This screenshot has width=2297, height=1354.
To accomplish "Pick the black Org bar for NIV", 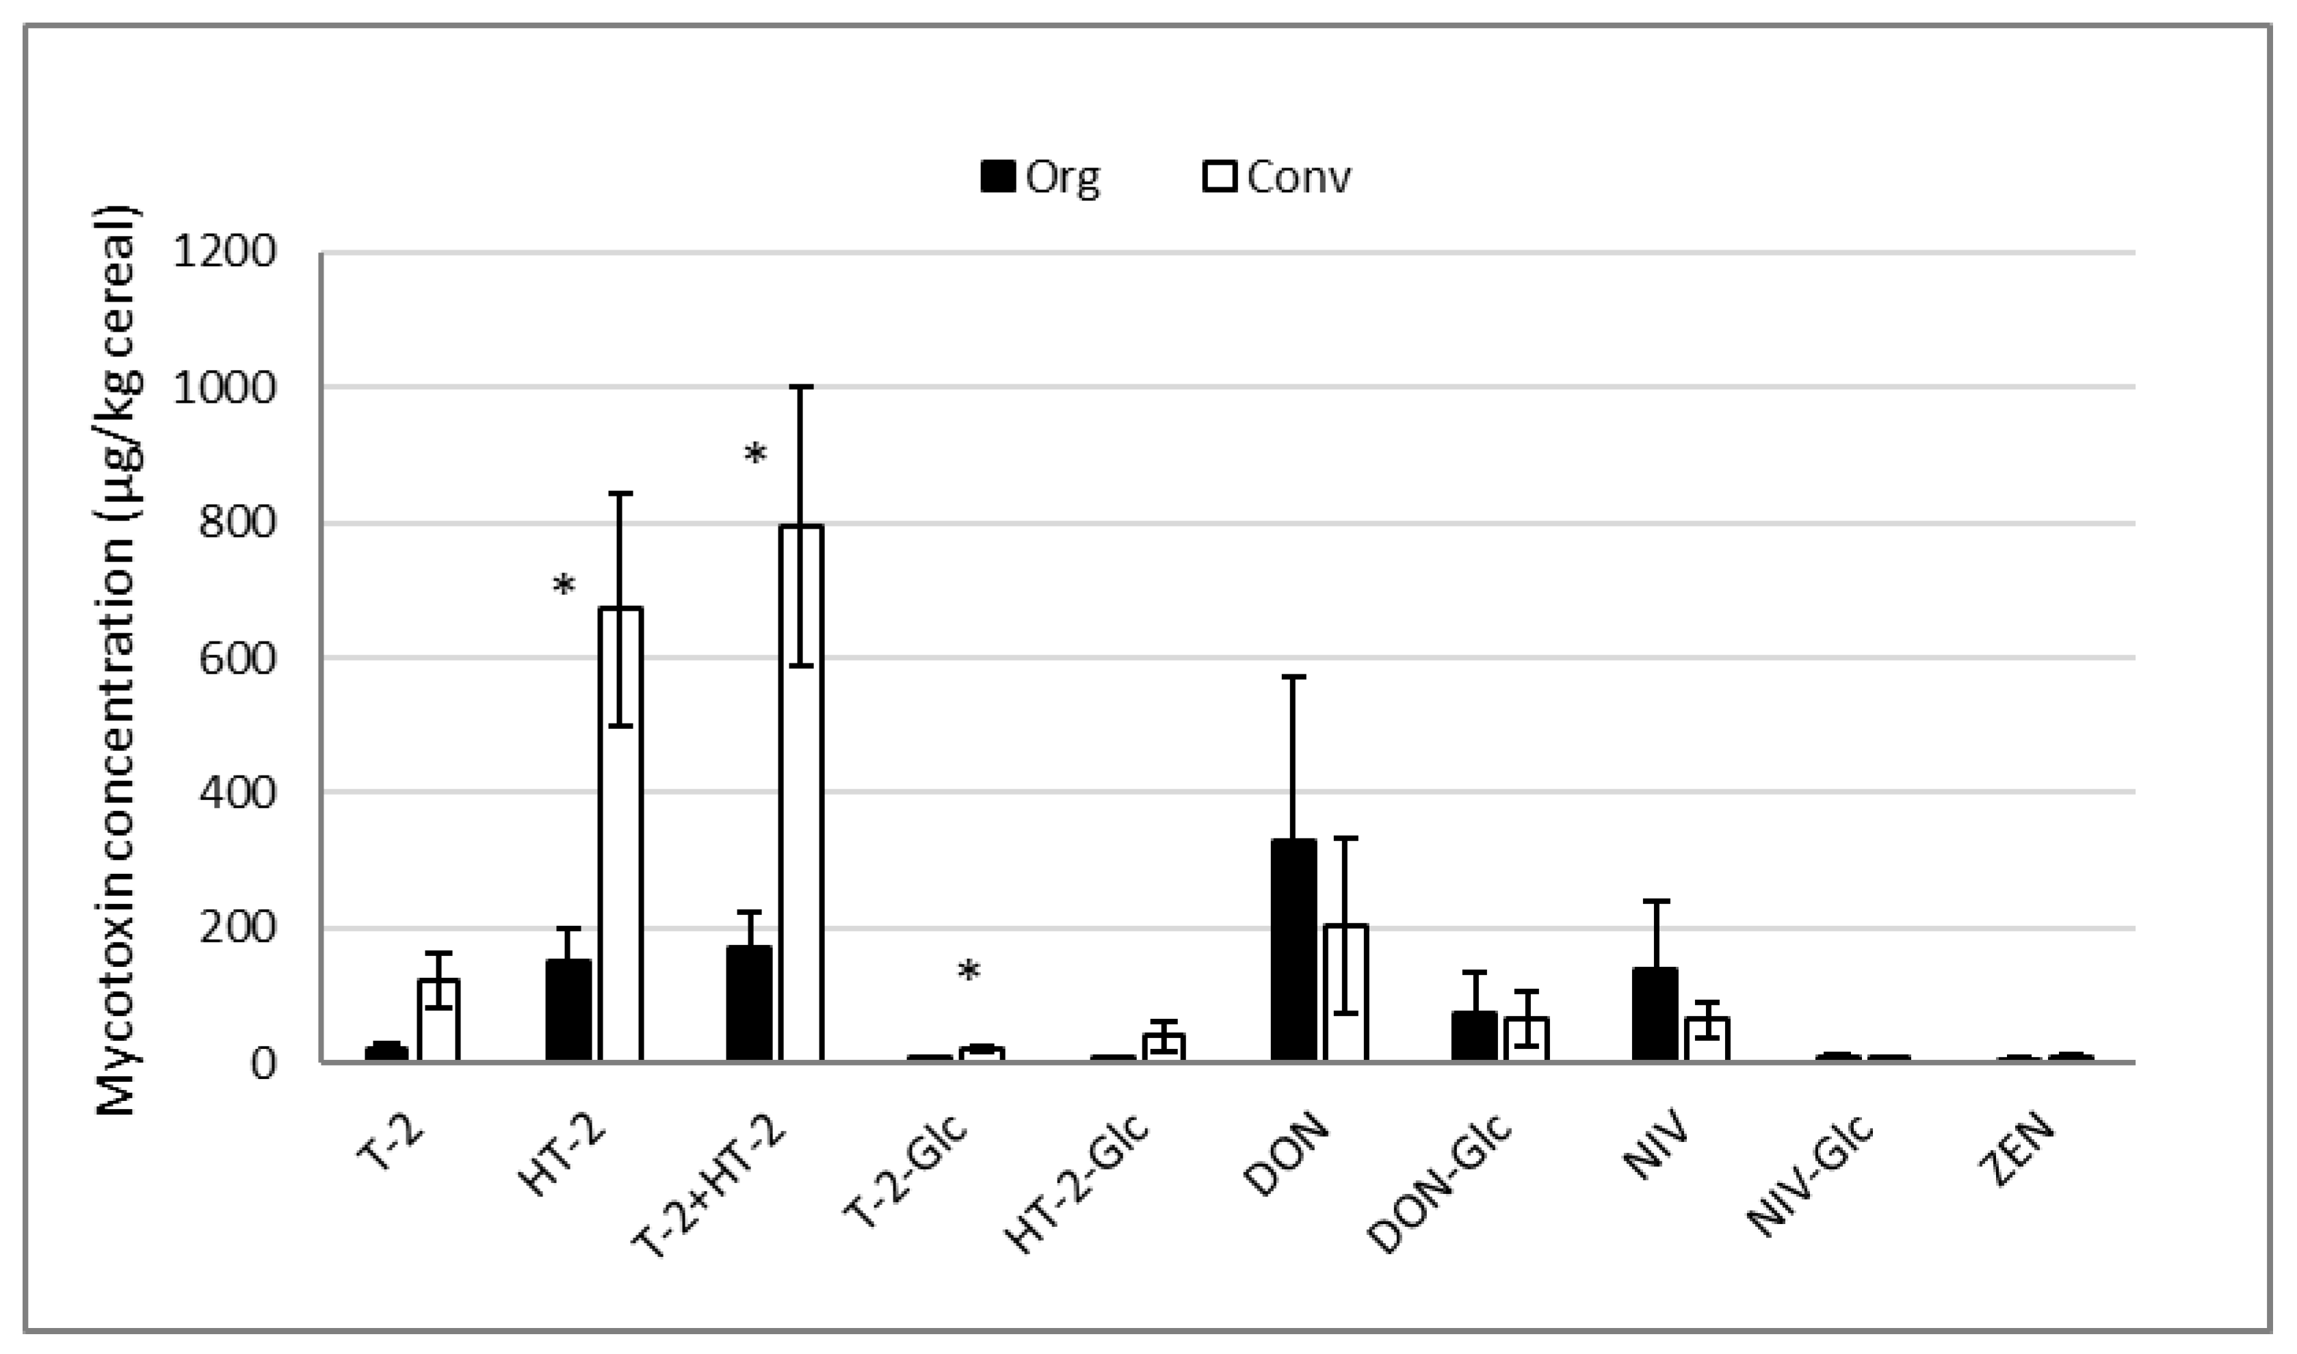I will [x=1655, y=1013].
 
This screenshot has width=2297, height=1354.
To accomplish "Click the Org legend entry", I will [x=1041, y=177].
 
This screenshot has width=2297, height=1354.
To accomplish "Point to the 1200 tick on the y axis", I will [x=224, y=252].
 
